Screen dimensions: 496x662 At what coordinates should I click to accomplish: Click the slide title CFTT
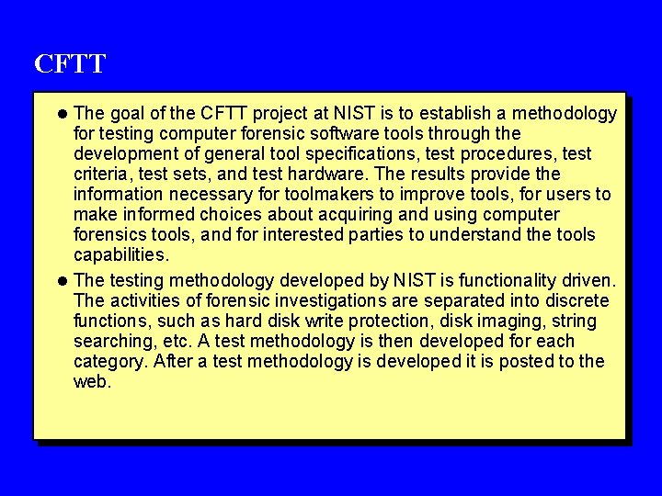(70, 64)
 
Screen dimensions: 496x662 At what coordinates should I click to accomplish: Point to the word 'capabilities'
(120, 254)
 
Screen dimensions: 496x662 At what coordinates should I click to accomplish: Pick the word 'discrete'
(576, 300)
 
